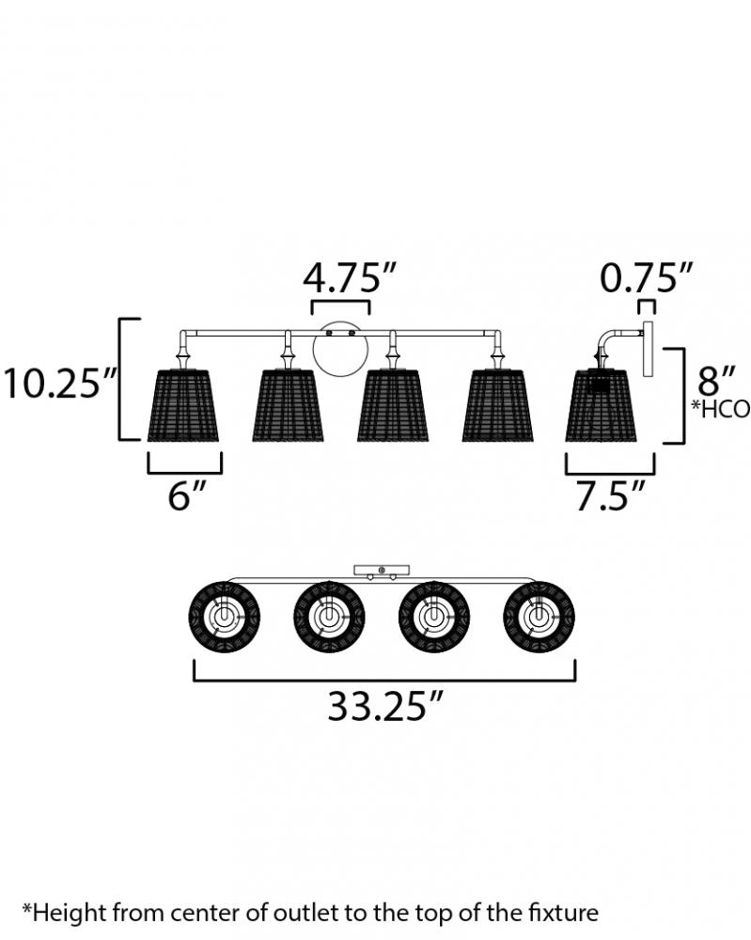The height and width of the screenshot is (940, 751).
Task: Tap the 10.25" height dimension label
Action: click(x=61, y=384)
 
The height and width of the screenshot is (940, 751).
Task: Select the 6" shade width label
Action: click(x=187, y=495)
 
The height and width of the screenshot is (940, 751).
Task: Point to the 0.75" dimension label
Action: click(x=646, y=277)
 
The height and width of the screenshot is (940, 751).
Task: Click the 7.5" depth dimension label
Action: click(x=611, y=495)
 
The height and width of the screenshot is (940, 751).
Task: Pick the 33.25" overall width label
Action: click(x=385, y=706)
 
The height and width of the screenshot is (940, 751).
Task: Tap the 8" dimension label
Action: click(x=716, y=380)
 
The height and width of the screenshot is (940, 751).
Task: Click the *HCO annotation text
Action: click(x=720, y=409)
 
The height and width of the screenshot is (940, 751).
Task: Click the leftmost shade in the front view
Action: click(x=182, y=406)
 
